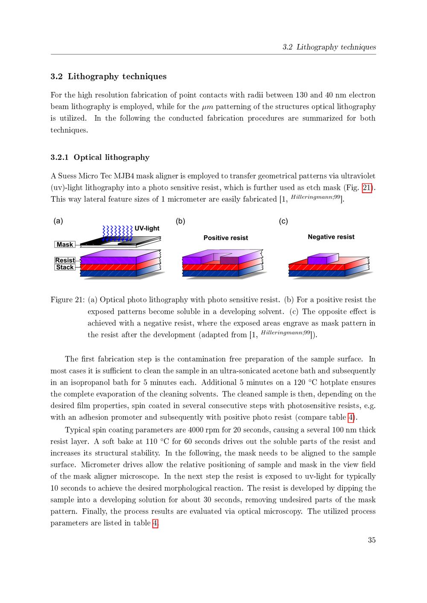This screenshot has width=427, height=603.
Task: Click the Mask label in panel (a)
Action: (65, 244)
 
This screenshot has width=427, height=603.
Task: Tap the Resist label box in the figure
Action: (65, 260)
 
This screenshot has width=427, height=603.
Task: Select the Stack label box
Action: (65, 267)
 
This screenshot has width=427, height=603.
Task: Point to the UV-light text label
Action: (147, 228)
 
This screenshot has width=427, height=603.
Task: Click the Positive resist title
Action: (225, 238)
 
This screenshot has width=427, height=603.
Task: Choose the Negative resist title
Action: (331, 237)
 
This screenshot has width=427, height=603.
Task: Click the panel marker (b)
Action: (181, 221)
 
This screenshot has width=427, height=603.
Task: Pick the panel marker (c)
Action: (283, 221)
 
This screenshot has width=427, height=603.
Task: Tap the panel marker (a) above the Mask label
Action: (58, 221)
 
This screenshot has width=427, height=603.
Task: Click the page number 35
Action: (371, 540)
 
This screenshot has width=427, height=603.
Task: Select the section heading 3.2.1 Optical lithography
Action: (100, 157)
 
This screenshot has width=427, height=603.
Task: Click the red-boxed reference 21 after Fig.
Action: (367, 188)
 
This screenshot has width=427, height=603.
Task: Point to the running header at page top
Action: (329, 47)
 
